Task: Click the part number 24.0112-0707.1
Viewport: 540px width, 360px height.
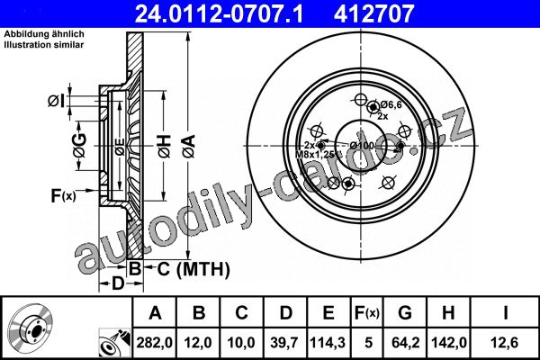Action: (x=219, y=13)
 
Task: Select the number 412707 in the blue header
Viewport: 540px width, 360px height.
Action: (x=373, y=13)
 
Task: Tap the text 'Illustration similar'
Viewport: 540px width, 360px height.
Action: (x=44, y=45)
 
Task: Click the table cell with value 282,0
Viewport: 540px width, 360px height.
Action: (x=154, y=343)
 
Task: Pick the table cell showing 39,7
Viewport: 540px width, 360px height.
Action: (x=284, y=343)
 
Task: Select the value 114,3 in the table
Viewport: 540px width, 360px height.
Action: (x=328, y=343)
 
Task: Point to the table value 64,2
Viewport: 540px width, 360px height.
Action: (x=405, y=343)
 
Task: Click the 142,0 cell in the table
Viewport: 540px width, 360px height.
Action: (x=449, y=343)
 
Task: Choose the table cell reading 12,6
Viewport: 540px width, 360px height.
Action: (x=505, y=343)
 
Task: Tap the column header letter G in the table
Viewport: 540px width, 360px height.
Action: (x=405, y=313)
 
